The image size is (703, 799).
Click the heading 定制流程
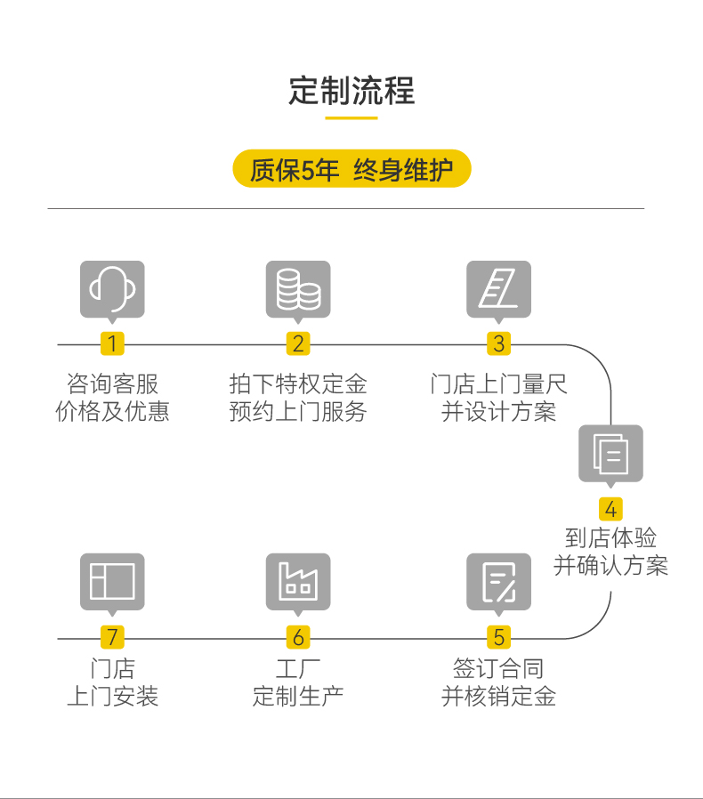click(351, 91)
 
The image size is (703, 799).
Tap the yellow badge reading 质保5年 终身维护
click(351, 169)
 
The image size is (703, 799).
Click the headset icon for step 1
click(112, 289)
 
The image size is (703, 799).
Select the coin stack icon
click(298, 289)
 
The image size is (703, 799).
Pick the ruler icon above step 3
click(498, 289)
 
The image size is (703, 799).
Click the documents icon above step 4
click(610, 454)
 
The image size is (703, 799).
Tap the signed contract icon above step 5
click(498, 582)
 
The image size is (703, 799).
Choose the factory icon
click(298, 582)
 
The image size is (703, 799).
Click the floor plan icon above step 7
click(112, 582)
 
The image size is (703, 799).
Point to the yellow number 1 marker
click(112, 343)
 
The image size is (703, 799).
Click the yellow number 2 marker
click(298, 343)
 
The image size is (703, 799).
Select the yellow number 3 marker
click(498, 343)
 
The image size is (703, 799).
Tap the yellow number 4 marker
click(610, 509)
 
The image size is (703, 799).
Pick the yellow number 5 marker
click(498, 637)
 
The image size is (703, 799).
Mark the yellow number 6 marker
click(298, 637)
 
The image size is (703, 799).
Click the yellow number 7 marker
click(112, 637)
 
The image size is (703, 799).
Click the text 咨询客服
click(112, 384)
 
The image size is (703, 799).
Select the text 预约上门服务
click(298, 412)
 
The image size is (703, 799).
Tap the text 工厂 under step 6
click(298, 668)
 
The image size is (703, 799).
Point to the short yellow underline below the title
click(351, 117)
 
